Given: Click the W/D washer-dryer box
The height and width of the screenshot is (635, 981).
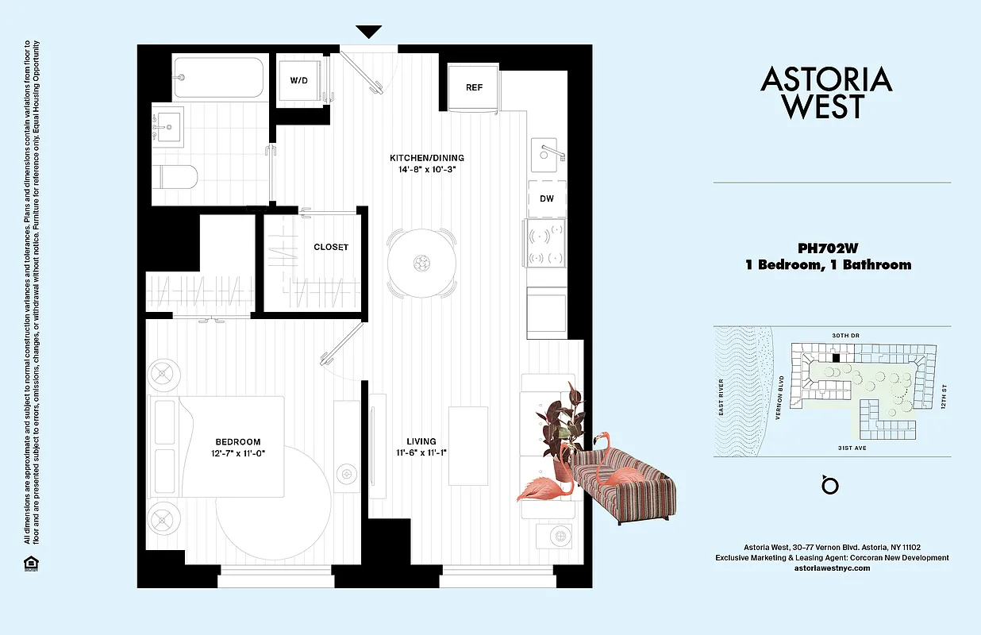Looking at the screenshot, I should [x=299, y=80].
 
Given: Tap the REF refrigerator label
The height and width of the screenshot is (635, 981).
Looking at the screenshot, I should [x=473, y=87].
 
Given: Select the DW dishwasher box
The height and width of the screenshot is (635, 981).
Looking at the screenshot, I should [x=547, y=198].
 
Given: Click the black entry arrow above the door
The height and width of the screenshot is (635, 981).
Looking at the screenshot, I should [x=368, y=33].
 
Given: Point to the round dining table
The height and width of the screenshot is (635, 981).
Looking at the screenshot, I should [x=422, y=263].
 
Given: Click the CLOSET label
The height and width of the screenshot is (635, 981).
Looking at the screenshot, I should [x=331, y=247].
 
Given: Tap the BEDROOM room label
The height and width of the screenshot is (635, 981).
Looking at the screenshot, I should [x=237, y=442].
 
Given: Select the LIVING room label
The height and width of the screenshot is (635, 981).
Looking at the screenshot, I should [x=421, y=441].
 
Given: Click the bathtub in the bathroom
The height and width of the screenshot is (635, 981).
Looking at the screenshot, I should [x=218, y=77].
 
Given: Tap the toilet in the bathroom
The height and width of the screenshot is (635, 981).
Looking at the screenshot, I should [x=176, y=175].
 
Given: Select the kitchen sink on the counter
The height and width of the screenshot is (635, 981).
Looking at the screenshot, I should [x=547, y=152].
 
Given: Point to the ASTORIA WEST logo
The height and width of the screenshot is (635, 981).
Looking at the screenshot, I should [x=826, y=92].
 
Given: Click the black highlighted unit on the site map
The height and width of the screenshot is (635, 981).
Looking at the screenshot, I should [x=835, y=358].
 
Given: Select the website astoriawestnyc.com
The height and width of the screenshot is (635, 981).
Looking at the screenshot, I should [x=832, y=568].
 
